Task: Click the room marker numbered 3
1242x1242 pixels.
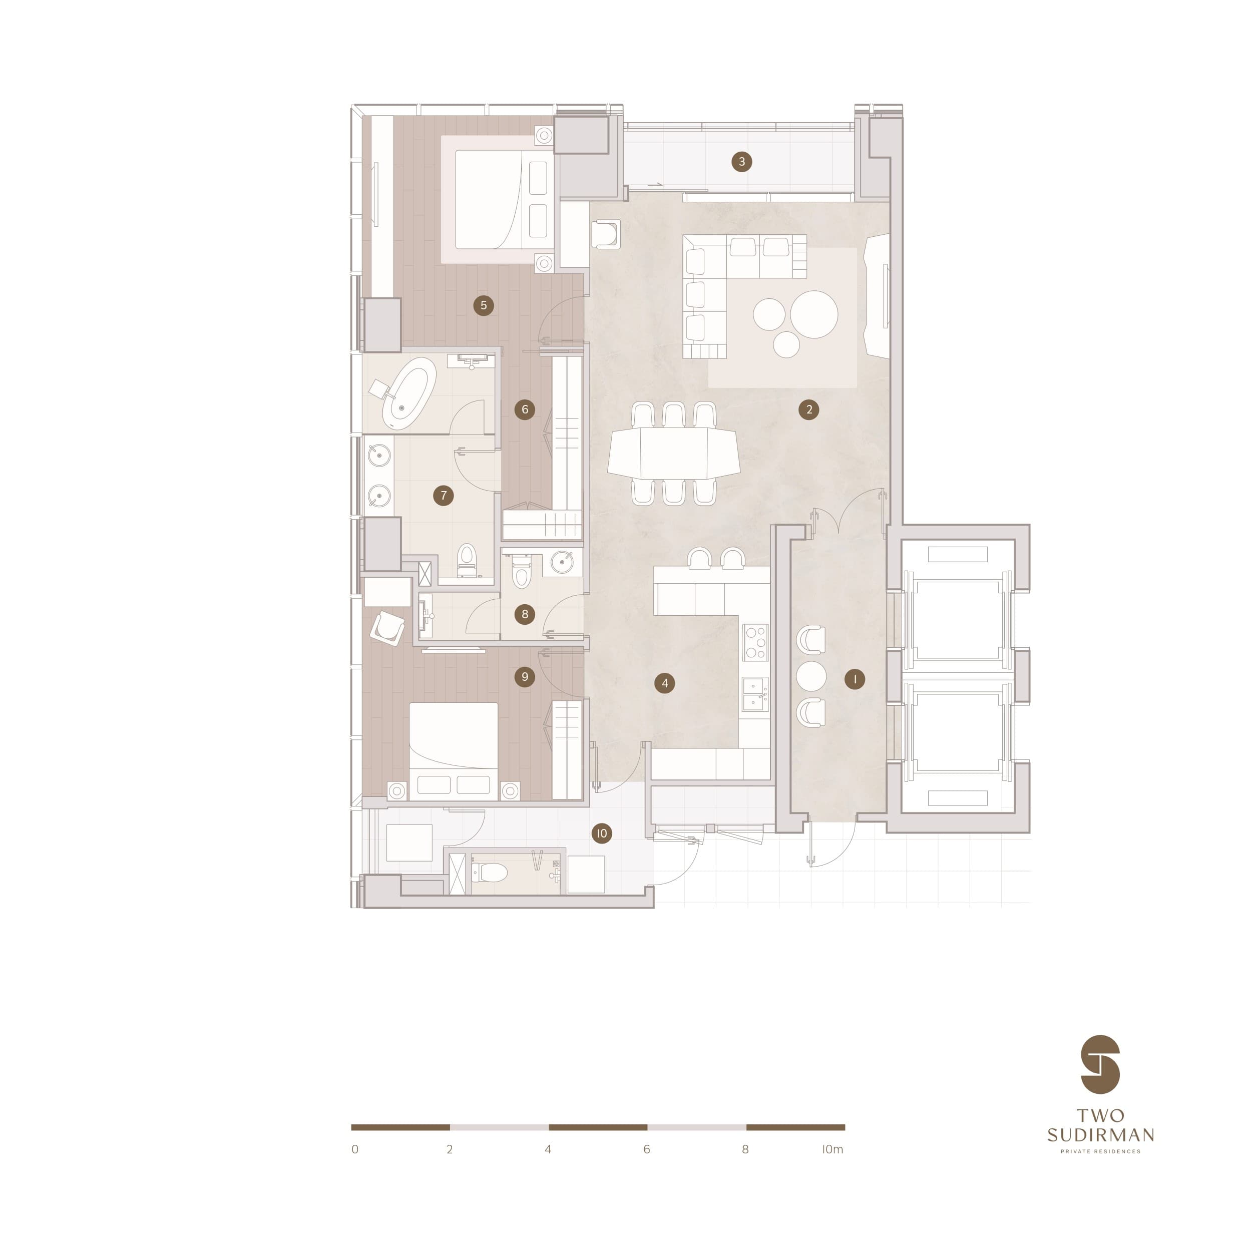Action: point(742,161)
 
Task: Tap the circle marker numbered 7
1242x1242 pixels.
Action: point(443,495)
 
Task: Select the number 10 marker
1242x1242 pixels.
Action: point(601,833)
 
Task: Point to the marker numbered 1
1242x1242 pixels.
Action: point(855,679)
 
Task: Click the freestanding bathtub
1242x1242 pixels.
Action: point(409,393)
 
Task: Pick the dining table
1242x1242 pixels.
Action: point(674,453)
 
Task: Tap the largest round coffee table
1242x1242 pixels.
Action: point(814,314)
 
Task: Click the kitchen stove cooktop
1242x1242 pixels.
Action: point(755,642)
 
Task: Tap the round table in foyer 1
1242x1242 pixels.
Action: point(811,676)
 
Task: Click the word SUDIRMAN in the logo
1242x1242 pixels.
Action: point(1100,1135)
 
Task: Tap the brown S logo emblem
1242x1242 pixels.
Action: point(1100,1065)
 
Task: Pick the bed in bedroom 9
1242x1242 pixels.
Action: point(453,751)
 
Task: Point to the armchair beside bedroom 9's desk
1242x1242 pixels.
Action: point(387,627)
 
